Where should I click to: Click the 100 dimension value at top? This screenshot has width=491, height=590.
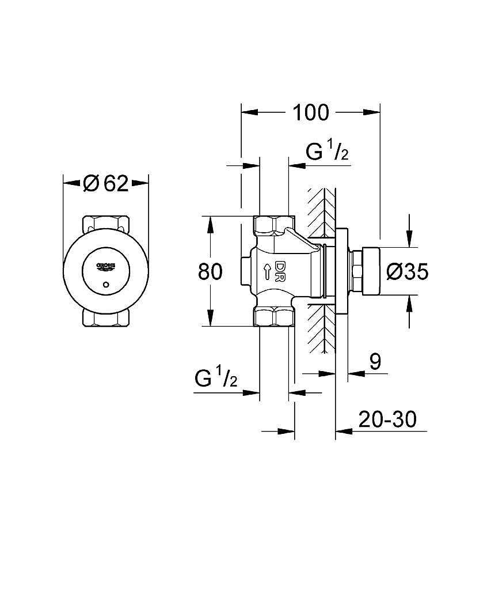tap(310, 112)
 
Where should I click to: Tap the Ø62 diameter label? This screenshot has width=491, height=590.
tap(106, 184)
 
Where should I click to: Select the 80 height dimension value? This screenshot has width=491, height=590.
tap(210, 272)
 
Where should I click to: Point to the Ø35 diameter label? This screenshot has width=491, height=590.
tap(408, 271)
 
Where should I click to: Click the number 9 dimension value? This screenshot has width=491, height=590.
tap(375, 362)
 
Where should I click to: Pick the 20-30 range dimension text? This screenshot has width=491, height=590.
tap(387, 419)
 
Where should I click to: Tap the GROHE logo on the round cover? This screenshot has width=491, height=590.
tap(106, 266)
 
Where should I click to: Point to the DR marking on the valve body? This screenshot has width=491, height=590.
tap(280, 271)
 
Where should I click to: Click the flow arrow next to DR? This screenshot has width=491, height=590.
tap(267, 271)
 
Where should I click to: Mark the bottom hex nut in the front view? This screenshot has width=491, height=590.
tap(106, 318)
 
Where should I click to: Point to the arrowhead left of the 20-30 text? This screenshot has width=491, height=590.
tap(344, 431)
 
